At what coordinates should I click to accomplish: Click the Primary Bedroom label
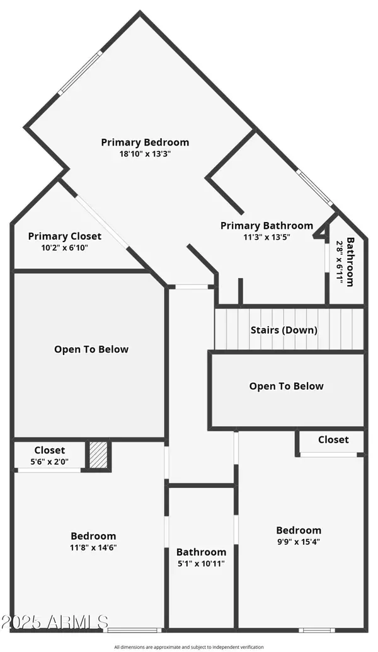tap(145, 142)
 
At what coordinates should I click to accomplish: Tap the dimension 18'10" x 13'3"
tap(145, 153)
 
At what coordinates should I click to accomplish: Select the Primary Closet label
tap(64, 236)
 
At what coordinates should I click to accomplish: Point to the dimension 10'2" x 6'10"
tap(64, 247)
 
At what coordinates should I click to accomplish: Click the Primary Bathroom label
tap(266, 225)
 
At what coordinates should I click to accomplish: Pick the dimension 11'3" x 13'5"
tap(266, 236)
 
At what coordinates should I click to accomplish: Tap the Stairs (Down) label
tap(283, 330)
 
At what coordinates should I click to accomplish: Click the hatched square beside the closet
tap(98, 455)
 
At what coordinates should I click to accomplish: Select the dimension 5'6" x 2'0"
tap(50, 461)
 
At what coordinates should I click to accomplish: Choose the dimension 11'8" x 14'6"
tap(93, 547)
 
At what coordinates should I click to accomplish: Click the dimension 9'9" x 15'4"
tap(299, 541)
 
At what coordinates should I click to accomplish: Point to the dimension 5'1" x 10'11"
tap(201, 563)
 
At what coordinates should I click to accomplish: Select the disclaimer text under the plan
tap(189, 646)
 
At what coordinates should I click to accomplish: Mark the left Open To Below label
tap(91, 349)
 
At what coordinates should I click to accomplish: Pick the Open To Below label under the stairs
tap(286, 386)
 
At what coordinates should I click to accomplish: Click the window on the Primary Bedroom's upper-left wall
tap(79, 74)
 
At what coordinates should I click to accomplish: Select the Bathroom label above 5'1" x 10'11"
tap(201, 552)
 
